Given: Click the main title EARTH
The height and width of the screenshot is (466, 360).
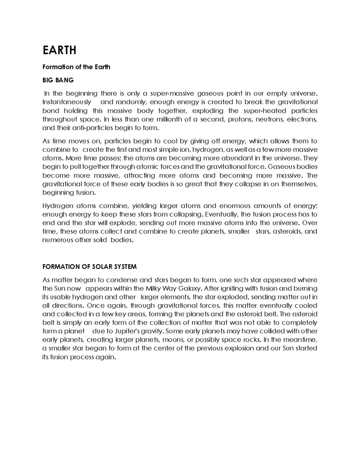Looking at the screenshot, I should (59, 50).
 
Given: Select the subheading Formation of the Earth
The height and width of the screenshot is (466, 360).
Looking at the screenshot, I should (76, 67).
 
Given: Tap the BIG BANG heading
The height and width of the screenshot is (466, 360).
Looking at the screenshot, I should (58, 80).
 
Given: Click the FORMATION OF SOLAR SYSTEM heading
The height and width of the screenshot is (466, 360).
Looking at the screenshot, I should (89, 267).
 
